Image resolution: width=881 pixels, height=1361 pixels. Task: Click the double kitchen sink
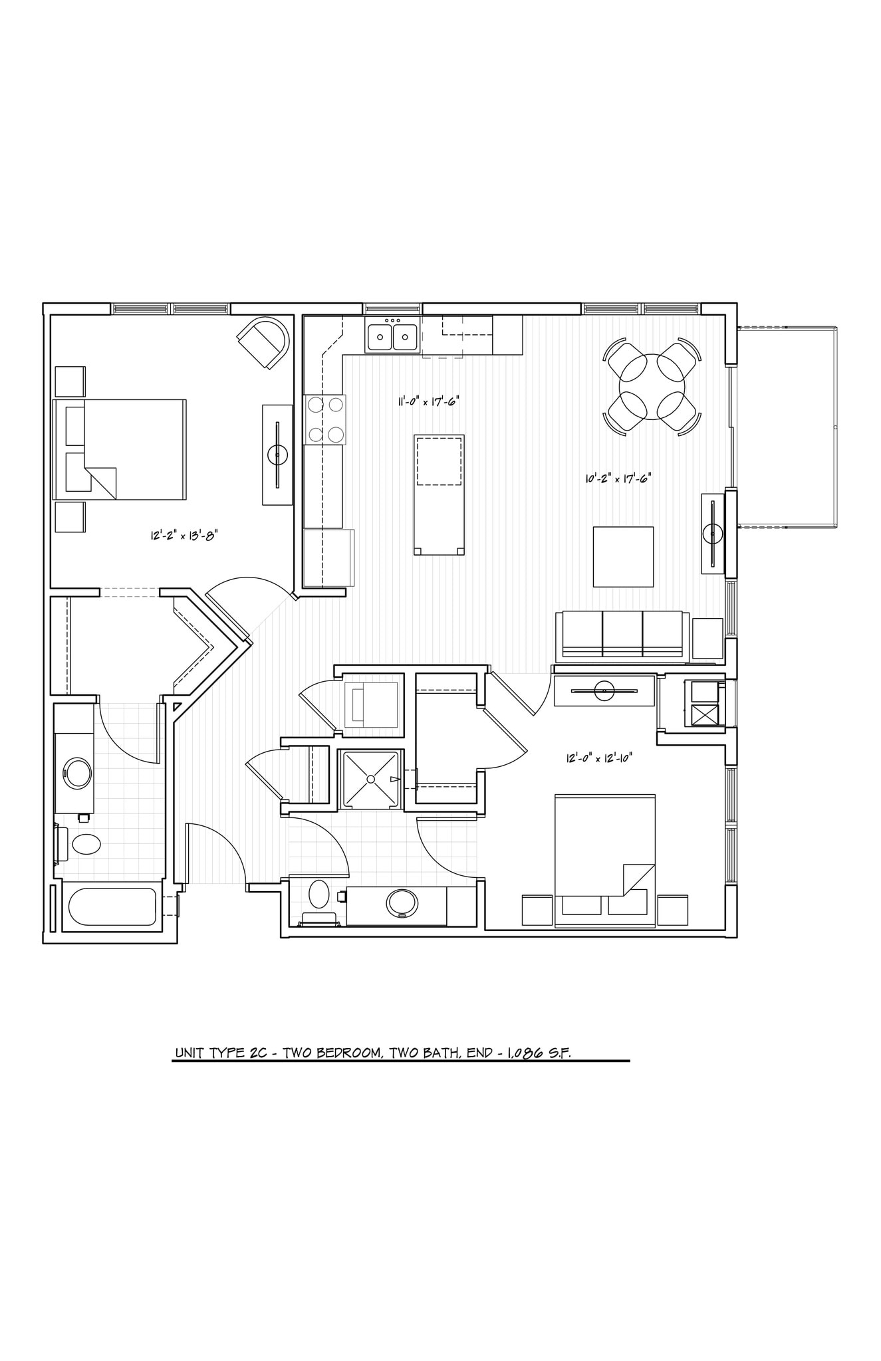pos(392,336)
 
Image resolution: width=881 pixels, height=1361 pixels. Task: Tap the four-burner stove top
pos(325,419)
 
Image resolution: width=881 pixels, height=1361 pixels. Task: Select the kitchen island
pos(439,494)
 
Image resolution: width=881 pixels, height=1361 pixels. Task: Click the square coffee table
pos(623,556)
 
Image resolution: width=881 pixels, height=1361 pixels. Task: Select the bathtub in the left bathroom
pos(112,907)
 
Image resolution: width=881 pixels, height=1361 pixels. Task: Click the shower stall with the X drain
pos(370,780)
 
